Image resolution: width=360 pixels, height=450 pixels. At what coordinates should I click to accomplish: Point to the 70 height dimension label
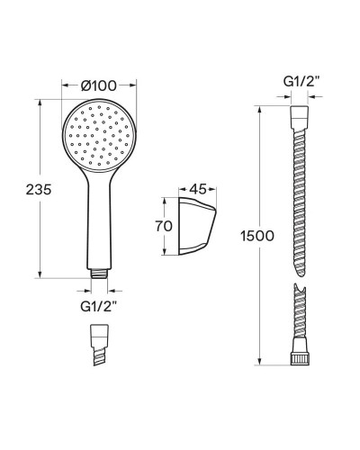(164, 227)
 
